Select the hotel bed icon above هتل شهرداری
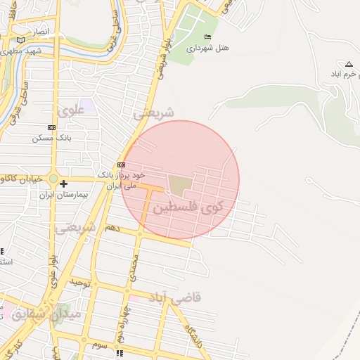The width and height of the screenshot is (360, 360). (x=207, y=37)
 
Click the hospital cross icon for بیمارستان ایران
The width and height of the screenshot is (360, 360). (x=63, y=184)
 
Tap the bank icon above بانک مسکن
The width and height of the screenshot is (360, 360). (x=51, y=127)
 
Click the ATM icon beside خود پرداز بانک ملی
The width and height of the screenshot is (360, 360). (x=121, y=164)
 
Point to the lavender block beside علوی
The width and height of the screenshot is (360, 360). (x=87, y=108)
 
